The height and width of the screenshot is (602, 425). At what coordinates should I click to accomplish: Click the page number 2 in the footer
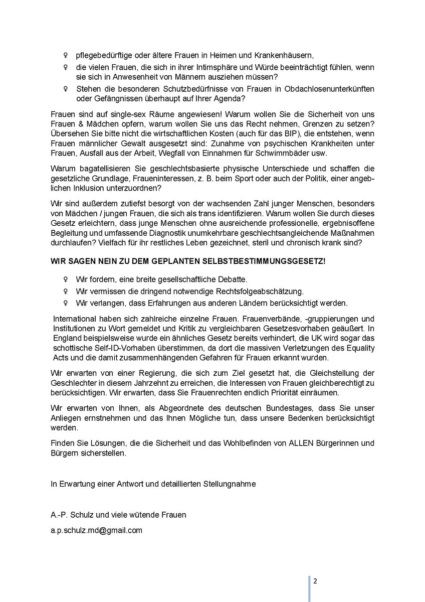coord(315,581)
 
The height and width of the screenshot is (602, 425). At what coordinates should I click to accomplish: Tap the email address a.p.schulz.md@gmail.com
coord(97,530)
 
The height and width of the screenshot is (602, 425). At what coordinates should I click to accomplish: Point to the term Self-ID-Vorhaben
coord(115,348)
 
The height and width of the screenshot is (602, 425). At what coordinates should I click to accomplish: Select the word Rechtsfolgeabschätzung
coord(260,291)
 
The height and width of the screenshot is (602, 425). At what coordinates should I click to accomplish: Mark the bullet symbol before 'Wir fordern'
coord(65,279)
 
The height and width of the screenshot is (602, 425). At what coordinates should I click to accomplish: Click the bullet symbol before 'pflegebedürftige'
coord(65,55)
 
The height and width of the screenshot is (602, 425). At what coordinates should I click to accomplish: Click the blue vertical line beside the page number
coord(309,588)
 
